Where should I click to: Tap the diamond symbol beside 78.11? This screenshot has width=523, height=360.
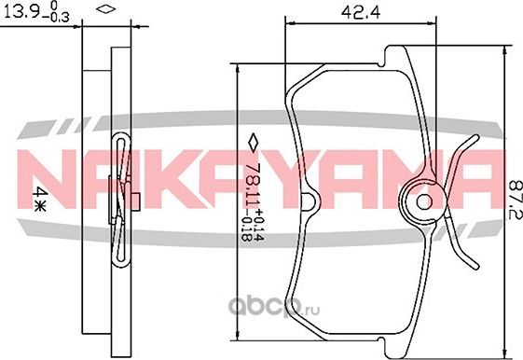(253, 142)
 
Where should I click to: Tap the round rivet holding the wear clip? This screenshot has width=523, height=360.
(423, 201)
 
